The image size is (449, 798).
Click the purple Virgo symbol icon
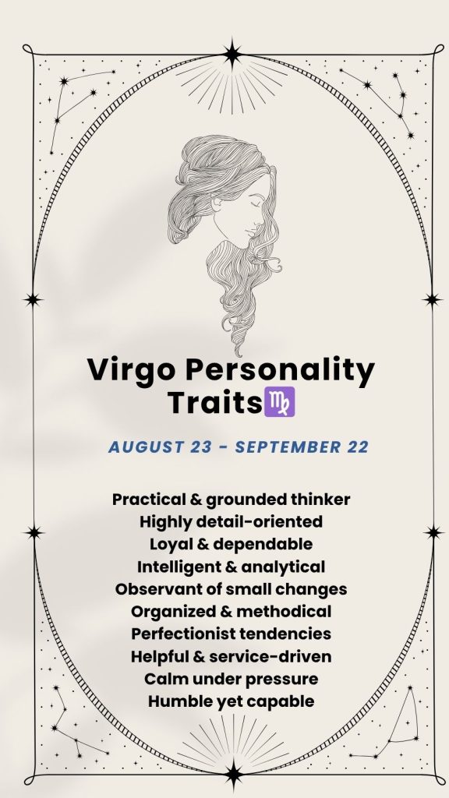tap(280, 401)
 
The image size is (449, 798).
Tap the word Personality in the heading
tap(280, 370)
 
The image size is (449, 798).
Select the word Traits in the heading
tap(214, 402)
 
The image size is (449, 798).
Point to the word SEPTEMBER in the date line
tap(288, 447)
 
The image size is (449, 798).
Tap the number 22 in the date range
tap(358, 447)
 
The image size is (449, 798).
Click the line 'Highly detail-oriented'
tap(231, 521)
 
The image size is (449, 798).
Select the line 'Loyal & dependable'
tap(231, 544)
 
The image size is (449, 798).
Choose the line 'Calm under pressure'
tap(231, 679)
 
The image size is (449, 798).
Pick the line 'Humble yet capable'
tap(231, 701)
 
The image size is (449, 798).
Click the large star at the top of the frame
tap(232, 54)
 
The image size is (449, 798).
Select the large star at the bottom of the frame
tap(234, 775)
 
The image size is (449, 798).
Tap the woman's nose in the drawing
tap(262, 219)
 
